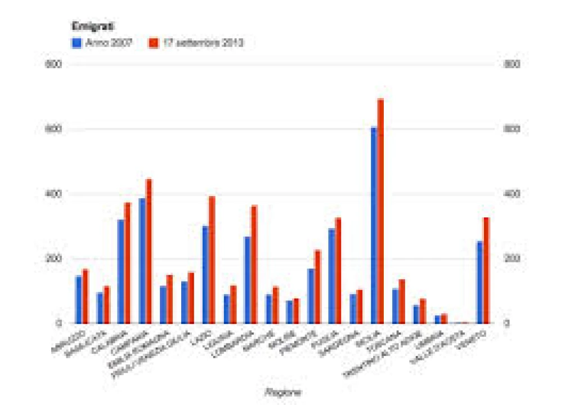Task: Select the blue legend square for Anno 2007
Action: tap(75, 42)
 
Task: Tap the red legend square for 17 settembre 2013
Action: tap(153, 42)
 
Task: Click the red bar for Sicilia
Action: tap(380, 211)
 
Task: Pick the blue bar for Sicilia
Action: tap(374, 225)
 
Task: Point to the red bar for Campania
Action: tap(149, 251)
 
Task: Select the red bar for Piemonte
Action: tap(317, 287)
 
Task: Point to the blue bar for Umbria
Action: tap(437, 319)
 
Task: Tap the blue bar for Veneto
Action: tap(479, 282)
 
